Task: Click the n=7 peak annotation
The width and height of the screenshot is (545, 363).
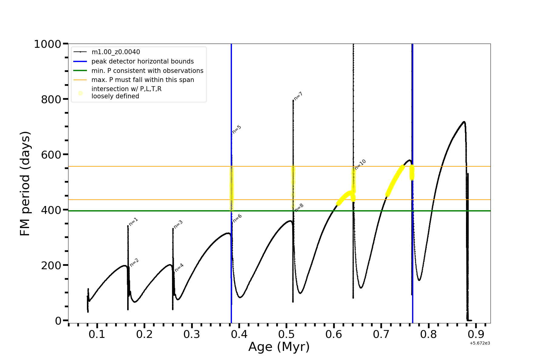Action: click(x=299, y=96)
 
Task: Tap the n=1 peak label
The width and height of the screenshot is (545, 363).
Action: click(x=134, y=221)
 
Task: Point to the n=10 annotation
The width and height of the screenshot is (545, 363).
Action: click(x=360, y=165)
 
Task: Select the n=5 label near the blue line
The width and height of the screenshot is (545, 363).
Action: click(x=237, y=129)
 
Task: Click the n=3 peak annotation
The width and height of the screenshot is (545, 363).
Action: click(x=178, y=224)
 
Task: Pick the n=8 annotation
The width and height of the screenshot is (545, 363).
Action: click(x=299, y=208)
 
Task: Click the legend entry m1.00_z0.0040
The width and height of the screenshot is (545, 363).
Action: click(x=116, y=52)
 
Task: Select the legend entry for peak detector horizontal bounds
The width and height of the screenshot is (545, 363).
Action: click(x=142, y=61)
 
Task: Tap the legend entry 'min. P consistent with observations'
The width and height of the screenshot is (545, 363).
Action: click(x=147, y=71)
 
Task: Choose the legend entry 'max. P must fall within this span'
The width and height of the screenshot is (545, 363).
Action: click(x=143, y=80)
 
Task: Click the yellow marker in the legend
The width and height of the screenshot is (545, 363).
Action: click(x=80, y=93)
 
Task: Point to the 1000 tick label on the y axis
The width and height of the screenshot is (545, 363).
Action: click(x=48, y=44)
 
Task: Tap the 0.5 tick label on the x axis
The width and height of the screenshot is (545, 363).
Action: click(x=286, y=334)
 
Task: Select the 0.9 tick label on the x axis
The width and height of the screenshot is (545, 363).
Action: click(x=476, y=334)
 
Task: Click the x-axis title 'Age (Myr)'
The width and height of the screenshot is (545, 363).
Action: click(x=279, y=347)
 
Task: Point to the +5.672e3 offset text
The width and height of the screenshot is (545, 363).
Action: click(x=480, y=343)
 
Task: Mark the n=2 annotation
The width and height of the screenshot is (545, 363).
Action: click(x=134, y=263)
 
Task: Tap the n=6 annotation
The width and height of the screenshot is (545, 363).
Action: click(x=237, y=218)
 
